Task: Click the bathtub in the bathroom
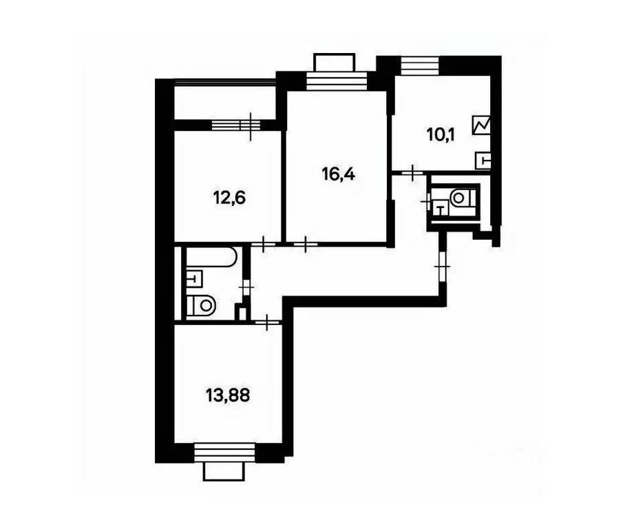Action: coord(211,259)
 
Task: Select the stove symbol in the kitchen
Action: coord(482,125)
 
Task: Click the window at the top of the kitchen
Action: coord(419,66)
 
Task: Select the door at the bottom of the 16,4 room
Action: coord(306,242)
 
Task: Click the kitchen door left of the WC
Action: coord(412,172)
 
